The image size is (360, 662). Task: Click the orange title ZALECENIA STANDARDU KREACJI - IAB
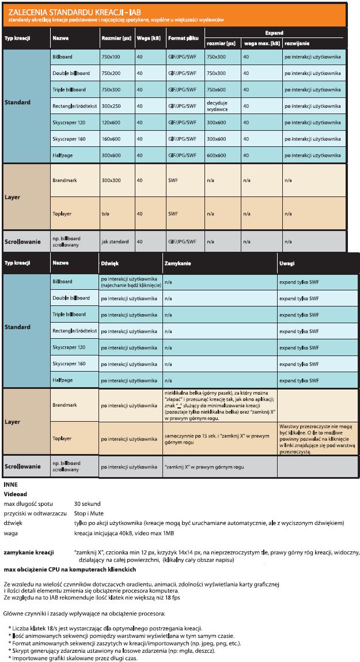pyautogui.click(x=75, y=11)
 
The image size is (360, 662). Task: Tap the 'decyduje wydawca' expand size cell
pyautogui.click(x=218, y=105)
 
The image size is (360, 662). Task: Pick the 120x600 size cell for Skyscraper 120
pyautogui.click(x=111, y=122)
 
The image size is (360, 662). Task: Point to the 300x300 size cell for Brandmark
pyautogui.click(x=111, y=180)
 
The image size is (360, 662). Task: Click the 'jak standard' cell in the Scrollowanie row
pyautogui.click(x=115, y=241)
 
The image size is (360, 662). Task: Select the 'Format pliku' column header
pyautogui.click(x=183, y=38)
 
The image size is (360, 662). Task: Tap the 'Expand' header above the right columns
pyautogui.click(x=274, y=33)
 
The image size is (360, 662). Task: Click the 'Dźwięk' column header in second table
pyautogui.click(x=109, y=263)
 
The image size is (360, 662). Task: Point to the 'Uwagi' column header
pyautogui.click(x=287, y=263)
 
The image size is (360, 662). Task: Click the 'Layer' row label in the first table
pyautogui.click(x=12, y=197)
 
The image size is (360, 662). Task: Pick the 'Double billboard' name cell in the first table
pyautogui.click(x=71, y=73)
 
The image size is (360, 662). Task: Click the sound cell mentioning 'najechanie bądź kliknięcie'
pyautogui.click(x=128, y=282)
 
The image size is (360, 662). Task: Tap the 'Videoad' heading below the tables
pyautogui.click(x=15, y=494)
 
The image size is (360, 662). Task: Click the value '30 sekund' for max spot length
pyautogui.click(x=87, y=504)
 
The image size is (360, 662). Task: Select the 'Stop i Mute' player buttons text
pyautogui.click(x=88, y=513)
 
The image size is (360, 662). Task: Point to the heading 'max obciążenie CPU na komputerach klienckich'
pyautogui.click(x=69, y=569)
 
